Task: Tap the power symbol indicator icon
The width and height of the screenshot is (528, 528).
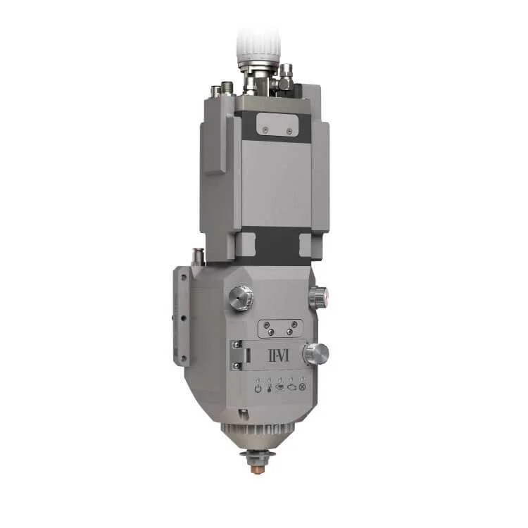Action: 258,388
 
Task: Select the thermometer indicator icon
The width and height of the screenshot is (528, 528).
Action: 268,388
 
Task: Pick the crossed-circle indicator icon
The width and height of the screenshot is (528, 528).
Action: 302,388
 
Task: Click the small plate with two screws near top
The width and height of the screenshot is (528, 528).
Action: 273,122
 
